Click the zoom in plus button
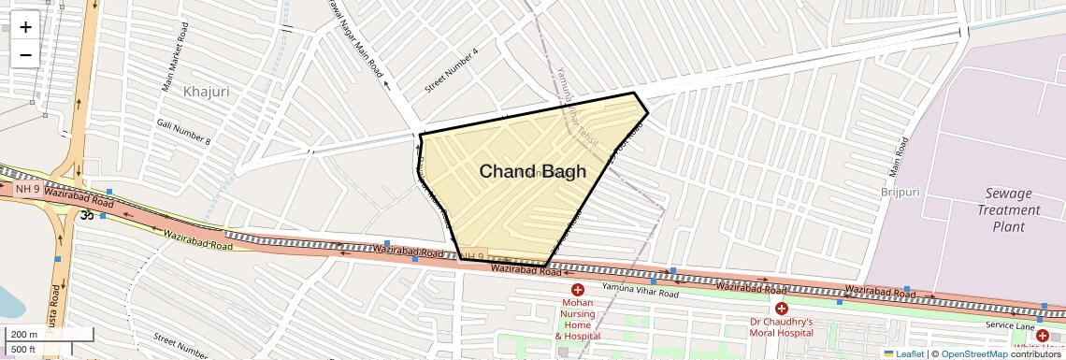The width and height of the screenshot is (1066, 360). (x=25, y=27)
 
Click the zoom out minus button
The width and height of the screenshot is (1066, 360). (x=25, y=54)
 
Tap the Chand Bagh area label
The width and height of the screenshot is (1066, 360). (x=532, y=171)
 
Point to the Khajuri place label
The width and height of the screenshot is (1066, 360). (x=207, y=92)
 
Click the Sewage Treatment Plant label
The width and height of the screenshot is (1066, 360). (x=1009, y=209)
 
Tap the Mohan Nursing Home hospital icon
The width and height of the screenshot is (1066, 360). (x=578, y=291)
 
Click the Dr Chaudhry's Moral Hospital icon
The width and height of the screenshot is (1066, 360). (x=781, y=309)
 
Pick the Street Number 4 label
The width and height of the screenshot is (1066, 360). (x=452, y=71)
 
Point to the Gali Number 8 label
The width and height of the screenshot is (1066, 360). (x=184, y=132)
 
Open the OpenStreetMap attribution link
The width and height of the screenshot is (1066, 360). (x=974, y=353)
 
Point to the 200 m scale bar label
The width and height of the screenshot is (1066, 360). (x=25, y=335)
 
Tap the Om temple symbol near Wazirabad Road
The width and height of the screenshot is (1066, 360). (x=85, y=214)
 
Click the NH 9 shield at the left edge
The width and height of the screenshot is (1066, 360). (x=27, y=189)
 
